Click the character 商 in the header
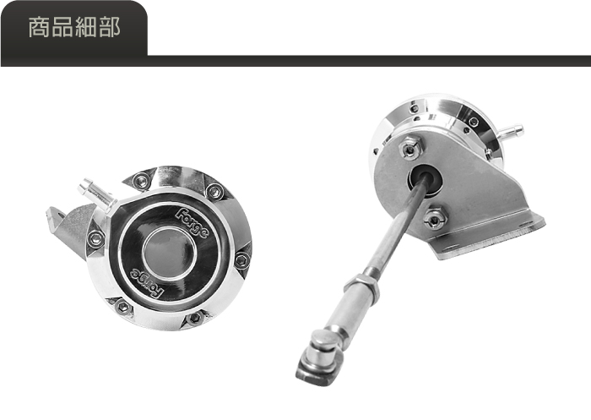[x=40, y=27]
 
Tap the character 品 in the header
[x=62, y=27]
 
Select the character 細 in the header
[x=86, y=27]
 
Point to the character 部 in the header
[x=109, y=27]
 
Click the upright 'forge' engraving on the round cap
[x=192, y=223]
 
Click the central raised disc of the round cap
[x=169, y=254]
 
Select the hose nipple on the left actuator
[x=95, y=194]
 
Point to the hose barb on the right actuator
[x=511, y=131]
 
